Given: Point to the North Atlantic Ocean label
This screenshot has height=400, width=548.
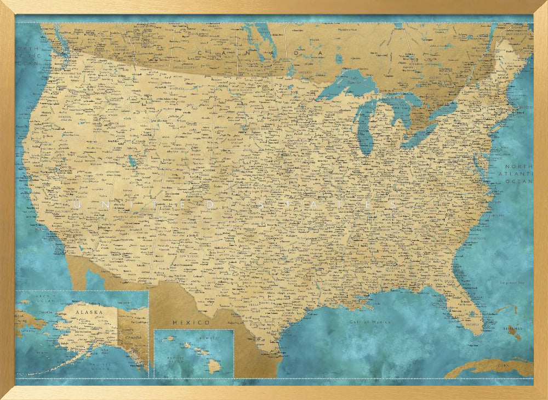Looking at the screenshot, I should (x=518, y=174).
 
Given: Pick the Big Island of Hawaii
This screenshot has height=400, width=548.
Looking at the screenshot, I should (x=214, y=367).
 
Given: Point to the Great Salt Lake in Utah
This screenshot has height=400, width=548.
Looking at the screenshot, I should (x=132, y=161).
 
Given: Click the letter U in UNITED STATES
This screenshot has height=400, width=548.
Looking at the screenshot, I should (x=77, y=204).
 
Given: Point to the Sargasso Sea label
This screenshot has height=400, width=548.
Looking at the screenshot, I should (x=510, y=283).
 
